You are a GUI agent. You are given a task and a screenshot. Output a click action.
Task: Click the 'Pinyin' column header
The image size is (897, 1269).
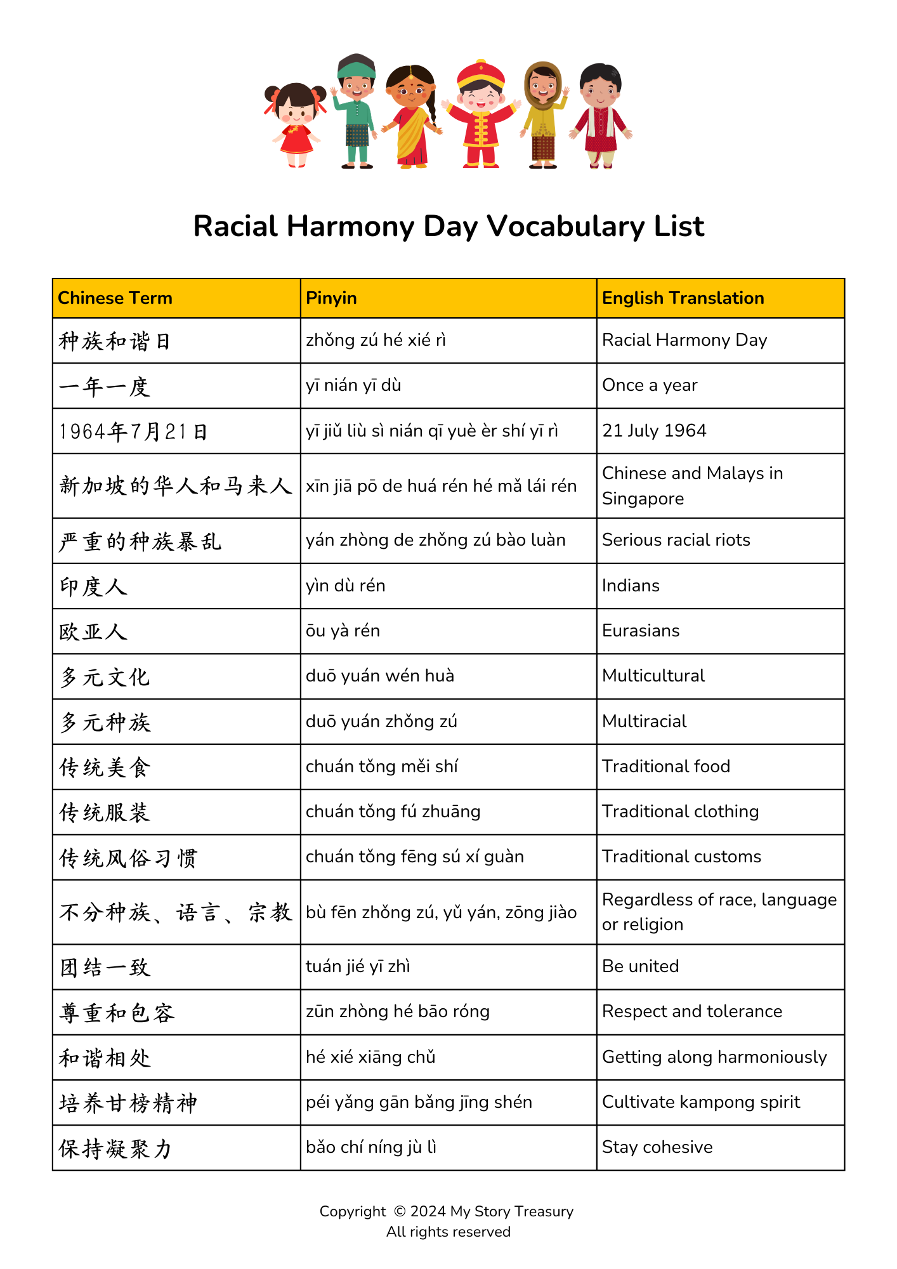(x=331, y=298)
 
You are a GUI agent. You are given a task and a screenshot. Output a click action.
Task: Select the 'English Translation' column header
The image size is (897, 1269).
(x=683, y=298)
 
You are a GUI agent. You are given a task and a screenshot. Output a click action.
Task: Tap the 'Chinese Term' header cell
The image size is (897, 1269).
(x=115, y=298)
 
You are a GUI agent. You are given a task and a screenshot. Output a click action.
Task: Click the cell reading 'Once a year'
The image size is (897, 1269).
(x=650, y=385)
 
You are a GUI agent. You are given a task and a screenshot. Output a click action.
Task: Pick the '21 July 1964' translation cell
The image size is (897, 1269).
(x=654, y=431)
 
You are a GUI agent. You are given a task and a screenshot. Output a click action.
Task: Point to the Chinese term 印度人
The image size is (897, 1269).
(x=93, y=586)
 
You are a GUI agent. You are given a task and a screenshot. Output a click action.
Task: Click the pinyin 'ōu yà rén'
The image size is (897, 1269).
(x=343, y=631)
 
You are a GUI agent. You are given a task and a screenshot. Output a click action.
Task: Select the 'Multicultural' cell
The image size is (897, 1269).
(x=653, y=676)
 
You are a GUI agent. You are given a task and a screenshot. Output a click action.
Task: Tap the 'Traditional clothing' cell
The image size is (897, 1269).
(x=680, y=812)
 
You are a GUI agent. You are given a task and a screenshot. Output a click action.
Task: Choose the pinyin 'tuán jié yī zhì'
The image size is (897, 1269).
(x=358, y=966)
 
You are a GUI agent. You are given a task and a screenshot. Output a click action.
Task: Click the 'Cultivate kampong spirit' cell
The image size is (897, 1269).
(x=701, y=1102)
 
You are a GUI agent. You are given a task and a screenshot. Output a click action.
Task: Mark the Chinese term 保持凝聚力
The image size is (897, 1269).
(x=115, y=1148)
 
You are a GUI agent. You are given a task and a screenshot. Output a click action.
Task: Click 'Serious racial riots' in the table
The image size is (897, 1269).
(x=676, y=540)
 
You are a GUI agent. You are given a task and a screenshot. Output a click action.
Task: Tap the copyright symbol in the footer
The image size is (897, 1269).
(x=400, y=1211)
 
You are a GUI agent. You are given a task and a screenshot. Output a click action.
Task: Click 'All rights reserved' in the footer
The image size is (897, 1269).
(x=448, y=1232)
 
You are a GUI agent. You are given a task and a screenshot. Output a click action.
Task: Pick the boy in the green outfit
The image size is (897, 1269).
(x=357, y=111)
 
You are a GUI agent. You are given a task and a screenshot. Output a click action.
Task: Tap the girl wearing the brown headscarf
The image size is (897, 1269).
(x=543, y=114)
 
